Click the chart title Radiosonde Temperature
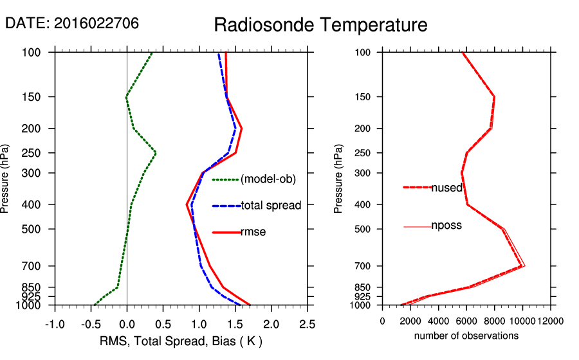320,25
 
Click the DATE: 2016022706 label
72,24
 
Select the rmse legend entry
253,232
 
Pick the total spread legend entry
271,206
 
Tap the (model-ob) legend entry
268,179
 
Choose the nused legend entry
446,187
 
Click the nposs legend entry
446,226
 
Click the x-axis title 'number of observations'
466,336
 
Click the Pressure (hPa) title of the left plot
6,178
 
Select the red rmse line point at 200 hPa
242,128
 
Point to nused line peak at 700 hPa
522,265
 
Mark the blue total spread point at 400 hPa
192,204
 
